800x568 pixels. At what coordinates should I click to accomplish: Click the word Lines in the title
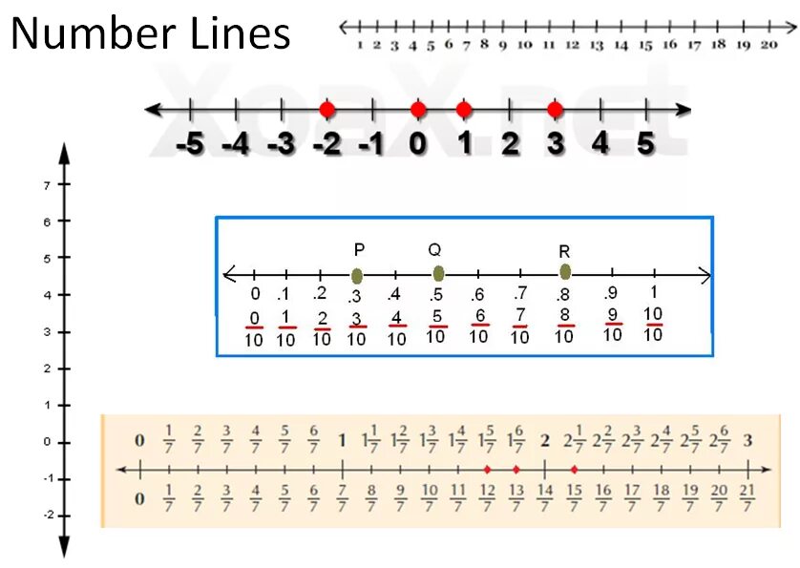(x=227, y=34)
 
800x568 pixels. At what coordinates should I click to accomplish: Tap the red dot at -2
(x=326, y=110)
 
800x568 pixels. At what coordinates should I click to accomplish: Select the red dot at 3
(x=555, y=110)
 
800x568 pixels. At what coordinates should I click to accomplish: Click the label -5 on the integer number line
(x=190, y=145)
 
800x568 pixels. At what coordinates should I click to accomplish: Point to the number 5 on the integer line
(x=645, y=144)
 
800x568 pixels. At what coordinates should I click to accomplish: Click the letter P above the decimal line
(x=359, y=250)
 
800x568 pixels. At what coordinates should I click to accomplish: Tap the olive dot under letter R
(x=565, y=272)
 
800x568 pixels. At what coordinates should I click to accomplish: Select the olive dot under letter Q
(x=438, y=274)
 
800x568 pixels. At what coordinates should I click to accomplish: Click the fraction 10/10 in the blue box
(x=653, y=325)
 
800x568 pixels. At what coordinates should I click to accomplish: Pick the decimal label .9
(x=611, y=293)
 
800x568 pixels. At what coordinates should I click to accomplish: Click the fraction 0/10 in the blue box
(x=255, y=327)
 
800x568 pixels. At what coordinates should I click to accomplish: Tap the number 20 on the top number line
(x=768, y=44)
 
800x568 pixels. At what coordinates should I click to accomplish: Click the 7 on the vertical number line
(x=47, y=184)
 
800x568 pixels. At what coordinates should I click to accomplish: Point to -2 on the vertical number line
(x=45, y=515)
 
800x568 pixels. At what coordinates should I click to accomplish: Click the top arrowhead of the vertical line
(x=64, y=151)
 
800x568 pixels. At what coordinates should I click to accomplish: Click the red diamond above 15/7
(x=574, y=470)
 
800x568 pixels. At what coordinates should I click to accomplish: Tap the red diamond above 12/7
(x=487, y=470)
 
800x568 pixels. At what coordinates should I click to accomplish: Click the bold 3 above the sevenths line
(x=747, y=441)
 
